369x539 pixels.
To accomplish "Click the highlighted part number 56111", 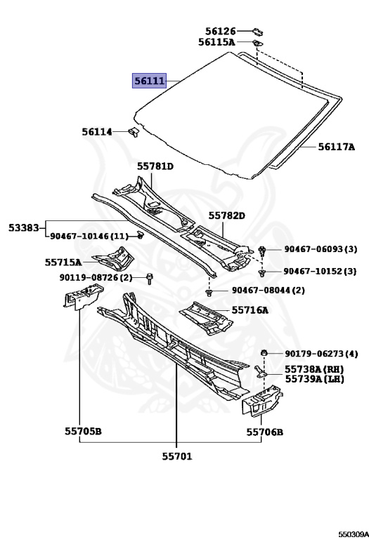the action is [x=150, y=81].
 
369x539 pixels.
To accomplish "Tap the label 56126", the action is [x=221, y=32].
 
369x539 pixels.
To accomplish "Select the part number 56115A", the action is [x=216, y=42].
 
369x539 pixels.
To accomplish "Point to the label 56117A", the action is [x=336, y=147].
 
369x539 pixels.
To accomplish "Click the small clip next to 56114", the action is [x=134, y=132].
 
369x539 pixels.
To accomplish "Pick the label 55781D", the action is [x=155, y=166].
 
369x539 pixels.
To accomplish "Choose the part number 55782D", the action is [x=227, y=215].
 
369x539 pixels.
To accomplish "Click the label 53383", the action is [x=23, y=227].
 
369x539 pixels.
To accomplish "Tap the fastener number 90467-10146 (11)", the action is [x=89, y=236].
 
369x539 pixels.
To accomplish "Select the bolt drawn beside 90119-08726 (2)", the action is [x=150, y=279].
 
